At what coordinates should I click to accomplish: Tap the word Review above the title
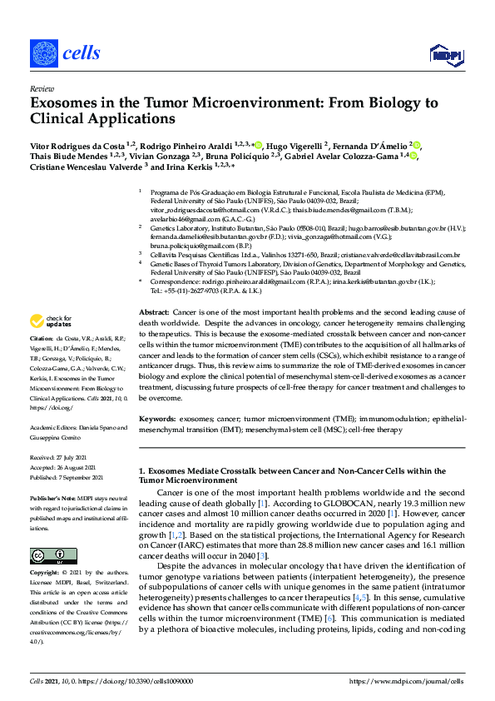pyautogui.click(x=41, y=87)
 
